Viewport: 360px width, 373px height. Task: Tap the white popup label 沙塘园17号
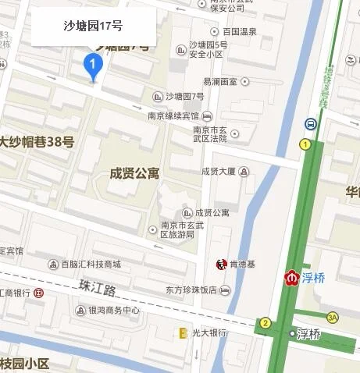(x=92, y=27)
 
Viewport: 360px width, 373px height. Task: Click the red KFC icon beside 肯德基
(x=220, y=265)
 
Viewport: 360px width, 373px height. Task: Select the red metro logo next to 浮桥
(x=291, y=277)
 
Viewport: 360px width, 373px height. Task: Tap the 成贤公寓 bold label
(x=136, y=173)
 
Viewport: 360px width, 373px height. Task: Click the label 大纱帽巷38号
(x=37, y=142)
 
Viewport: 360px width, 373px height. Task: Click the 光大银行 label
(x=209, y=333)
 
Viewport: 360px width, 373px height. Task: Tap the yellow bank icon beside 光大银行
(x=184, y=333)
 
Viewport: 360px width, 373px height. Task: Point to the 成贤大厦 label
(x=219, y=172)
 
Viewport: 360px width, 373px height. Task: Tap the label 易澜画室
(x=220, y=81)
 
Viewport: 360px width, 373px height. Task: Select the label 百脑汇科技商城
(x=91, y=264)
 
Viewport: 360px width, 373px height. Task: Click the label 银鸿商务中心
(x=112, y=311)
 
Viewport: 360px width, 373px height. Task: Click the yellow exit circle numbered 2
(x=266, y=323)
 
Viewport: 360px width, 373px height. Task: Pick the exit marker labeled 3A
(x=333, y=317)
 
